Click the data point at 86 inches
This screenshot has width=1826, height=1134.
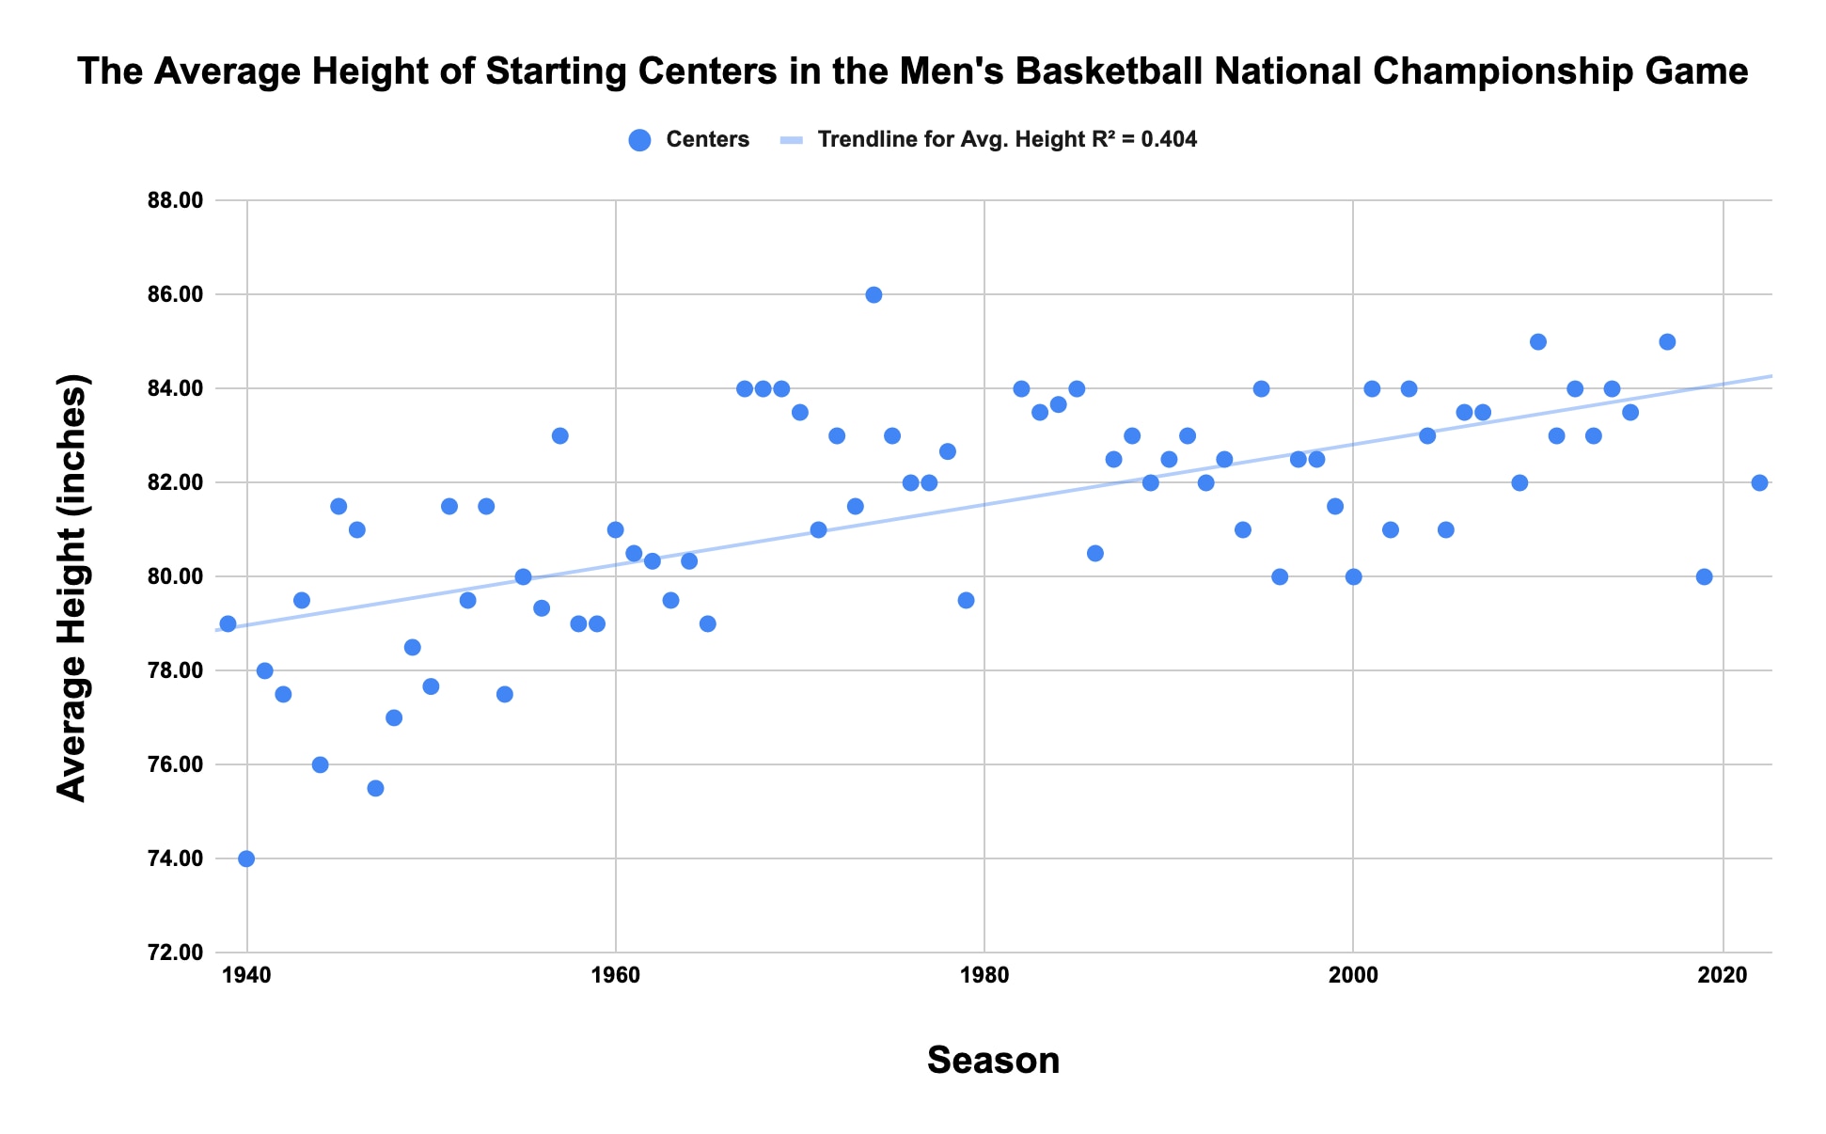(874, 294)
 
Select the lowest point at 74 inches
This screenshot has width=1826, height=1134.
(246, 858)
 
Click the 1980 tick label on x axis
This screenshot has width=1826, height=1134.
(984, 975)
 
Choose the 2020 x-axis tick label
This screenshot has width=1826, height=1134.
(1723, 975)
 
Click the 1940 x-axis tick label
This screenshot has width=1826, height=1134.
(246, 975)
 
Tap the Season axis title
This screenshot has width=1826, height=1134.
(993, 1061)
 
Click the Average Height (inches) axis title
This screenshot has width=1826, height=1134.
(72, 587)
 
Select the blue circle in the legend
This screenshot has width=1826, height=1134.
(639, 140)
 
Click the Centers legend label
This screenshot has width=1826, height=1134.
(707, 140)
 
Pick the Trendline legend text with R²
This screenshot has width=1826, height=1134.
(1007, 140)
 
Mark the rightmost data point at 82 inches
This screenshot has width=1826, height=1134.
(1759, 482)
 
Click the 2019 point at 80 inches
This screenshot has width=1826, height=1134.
(1704, 576)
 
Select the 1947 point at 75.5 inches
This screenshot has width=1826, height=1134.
(375, 788)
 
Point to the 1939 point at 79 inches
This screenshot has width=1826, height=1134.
(228, 623)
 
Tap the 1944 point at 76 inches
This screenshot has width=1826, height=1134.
(320, 764)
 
